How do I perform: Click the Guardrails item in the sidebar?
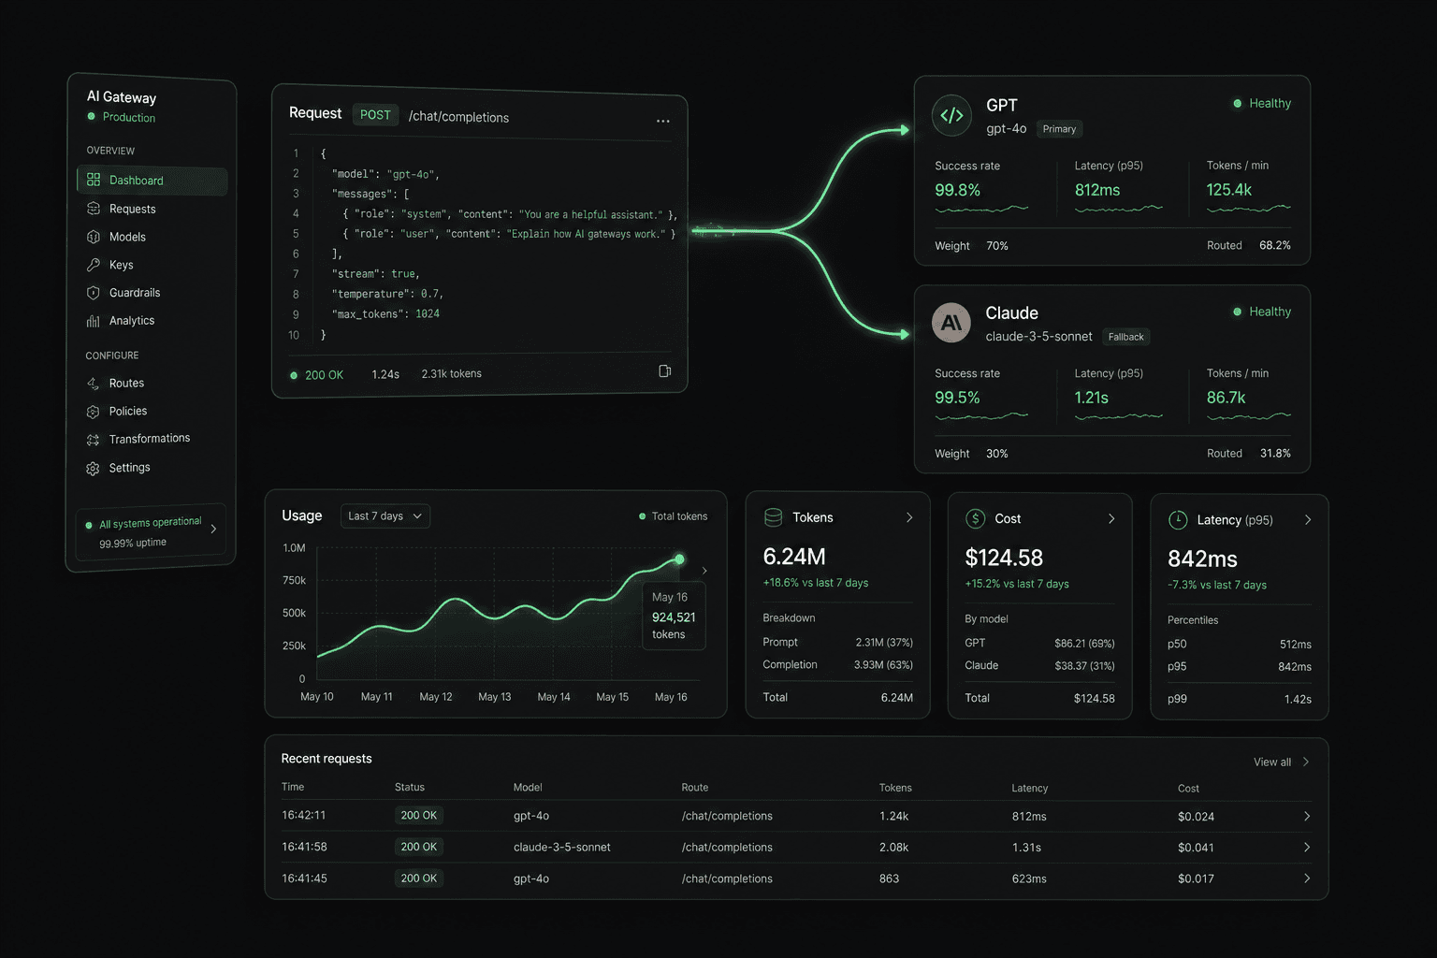(x=134, y=293)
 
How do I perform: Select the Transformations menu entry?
(x=149, y=439)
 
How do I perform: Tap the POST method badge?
(x=375, y=115)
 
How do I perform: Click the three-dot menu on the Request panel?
(x=662, y=121)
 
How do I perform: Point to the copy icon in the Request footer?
(x=664, y=371)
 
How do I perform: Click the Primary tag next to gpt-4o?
(x=1059, y=129)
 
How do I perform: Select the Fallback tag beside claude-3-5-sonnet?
(x=1125, y=337)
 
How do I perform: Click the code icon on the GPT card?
(x=951, y=115)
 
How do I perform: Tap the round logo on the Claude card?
(x=951, y=323)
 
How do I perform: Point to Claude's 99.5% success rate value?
(x=957, y=398)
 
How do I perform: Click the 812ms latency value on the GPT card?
(x=1097, y=190)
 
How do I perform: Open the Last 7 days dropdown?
(x=385, y=515)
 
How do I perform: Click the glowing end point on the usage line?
(x=679, y=559)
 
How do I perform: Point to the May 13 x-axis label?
(x=495, y=697)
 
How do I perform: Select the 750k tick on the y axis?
(x=294, y=580)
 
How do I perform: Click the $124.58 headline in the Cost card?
(x=1004, y=558)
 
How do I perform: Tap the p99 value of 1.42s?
(x=1298, y=700)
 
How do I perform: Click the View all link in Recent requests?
(x=1272, y=762)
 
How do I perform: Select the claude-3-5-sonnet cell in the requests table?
(x=562, y=847)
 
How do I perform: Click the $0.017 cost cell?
(x=1196, y=878)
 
